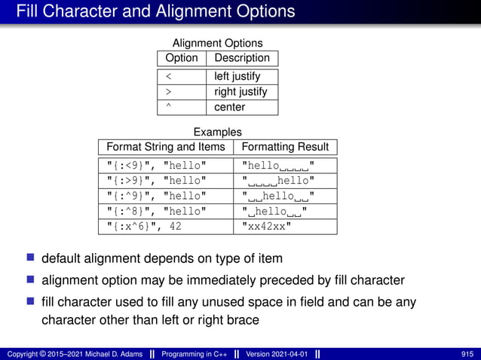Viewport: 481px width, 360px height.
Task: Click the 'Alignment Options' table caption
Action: [x=217, y=43]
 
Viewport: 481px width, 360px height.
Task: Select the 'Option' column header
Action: [x=181, y=58]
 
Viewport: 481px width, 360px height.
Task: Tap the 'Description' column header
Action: [x=241, y=58]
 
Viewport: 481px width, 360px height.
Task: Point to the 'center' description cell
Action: [x=229, y=107]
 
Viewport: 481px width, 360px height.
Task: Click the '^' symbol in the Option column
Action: [x=168, y=107]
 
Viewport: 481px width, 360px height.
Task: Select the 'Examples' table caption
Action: [x=217, y=132]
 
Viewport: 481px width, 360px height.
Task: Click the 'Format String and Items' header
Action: [x=166, y=146]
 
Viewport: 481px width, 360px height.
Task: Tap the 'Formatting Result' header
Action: [x=284, y=146]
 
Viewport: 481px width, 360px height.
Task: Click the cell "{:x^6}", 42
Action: [x=144, y=226]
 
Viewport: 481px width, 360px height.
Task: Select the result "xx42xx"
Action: [x=268, y=226]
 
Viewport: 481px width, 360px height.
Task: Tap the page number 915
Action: [x=467, y=354]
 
